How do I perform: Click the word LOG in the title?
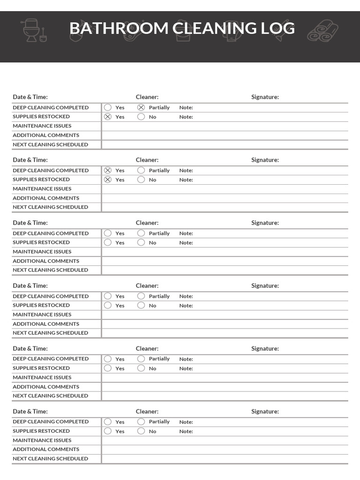278,29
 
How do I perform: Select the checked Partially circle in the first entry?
141,107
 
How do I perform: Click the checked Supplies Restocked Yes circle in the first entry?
108,117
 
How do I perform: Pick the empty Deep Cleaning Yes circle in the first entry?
108,107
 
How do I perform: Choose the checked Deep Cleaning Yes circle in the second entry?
108,170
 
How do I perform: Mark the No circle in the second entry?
141,180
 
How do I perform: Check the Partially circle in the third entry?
141,233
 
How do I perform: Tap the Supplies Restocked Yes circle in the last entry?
108,431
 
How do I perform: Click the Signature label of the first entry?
265,97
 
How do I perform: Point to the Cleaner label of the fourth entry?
147,285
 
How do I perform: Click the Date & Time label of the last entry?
30,411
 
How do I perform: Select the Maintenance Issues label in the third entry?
42,252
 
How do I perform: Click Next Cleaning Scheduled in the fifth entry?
50,396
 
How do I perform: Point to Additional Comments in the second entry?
46,198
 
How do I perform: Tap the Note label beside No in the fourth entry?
186,306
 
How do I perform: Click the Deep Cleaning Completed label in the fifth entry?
51,359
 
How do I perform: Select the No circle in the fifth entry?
141,368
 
